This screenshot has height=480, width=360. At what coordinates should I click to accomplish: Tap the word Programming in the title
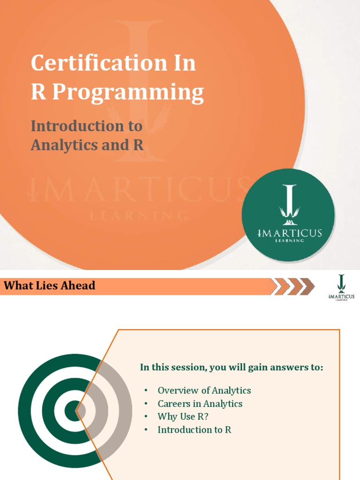(x=128, y=92)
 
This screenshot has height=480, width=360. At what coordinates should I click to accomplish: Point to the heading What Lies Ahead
(x=49, y=285)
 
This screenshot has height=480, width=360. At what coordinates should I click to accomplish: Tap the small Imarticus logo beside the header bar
(x=341, y=287)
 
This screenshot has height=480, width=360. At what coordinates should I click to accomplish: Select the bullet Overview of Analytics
(x=204, y=390)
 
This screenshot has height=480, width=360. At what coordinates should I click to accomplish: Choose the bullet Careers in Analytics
(x=200, y=404)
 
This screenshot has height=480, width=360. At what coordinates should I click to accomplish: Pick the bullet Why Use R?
(x=183, y=416)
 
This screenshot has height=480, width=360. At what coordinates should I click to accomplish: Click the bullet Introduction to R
(x=194, y=429)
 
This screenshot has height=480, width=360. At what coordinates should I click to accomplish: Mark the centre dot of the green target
(x=73, y=411)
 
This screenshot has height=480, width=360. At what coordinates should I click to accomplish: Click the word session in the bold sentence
(x=189, y=367)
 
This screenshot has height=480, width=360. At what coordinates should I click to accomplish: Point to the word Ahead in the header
(x=81, y=285)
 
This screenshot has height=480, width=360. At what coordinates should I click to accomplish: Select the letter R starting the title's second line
(x=37, y=92)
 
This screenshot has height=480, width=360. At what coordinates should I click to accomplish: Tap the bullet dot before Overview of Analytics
(x=146, y=390)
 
